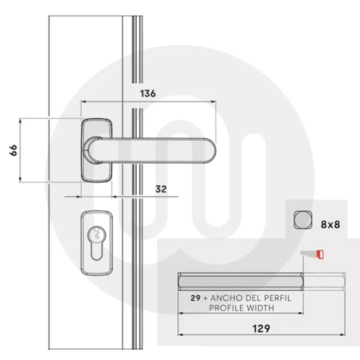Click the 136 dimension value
coord(148,94)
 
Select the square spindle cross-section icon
coord(302,220)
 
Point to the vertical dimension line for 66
coord(22,151)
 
